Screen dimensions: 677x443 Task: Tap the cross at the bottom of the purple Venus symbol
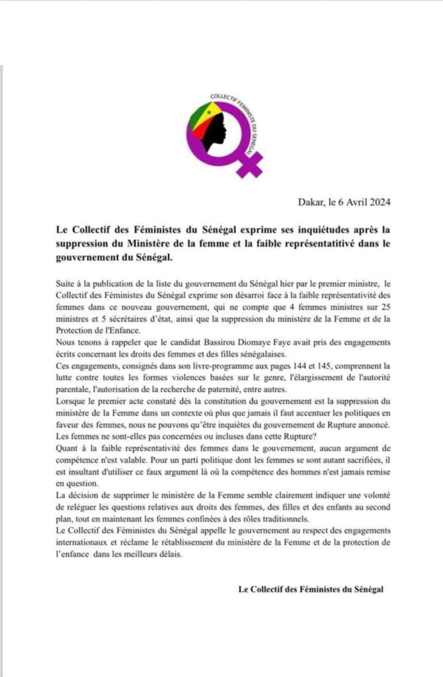250,164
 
